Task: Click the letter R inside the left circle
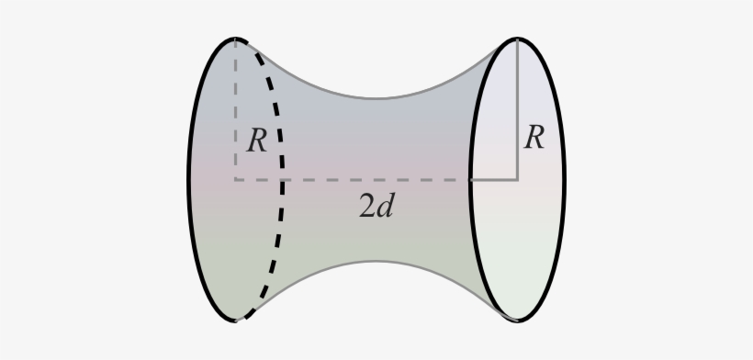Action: click(x=257, y=141)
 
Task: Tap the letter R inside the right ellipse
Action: click(x=534, y=138)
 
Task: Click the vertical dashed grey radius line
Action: click(x=236, y=101)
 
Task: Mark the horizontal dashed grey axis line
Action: click(x=367, y=180)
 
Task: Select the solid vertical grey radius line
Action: click(x=518, y=110)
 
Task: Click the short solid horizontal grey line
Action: click(x=496, y=180)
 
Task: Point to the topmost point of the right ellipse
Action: click(x=518, y=39)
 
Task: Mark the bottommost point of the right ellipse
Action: click(x=518, y=321)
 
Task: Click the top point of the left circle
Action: click(x=236, y=39)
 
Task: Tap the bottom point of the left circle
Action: click(x=236, y=321)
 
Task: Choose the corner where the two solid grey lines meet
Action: click(x=518, y=180)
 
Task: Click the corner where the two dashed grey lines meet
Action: click(x=236, y=180)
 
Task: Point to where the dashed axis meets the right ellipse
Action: click(x=471, y=180)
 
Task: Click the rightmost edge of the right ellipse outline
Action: click(x=564, y=180)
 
